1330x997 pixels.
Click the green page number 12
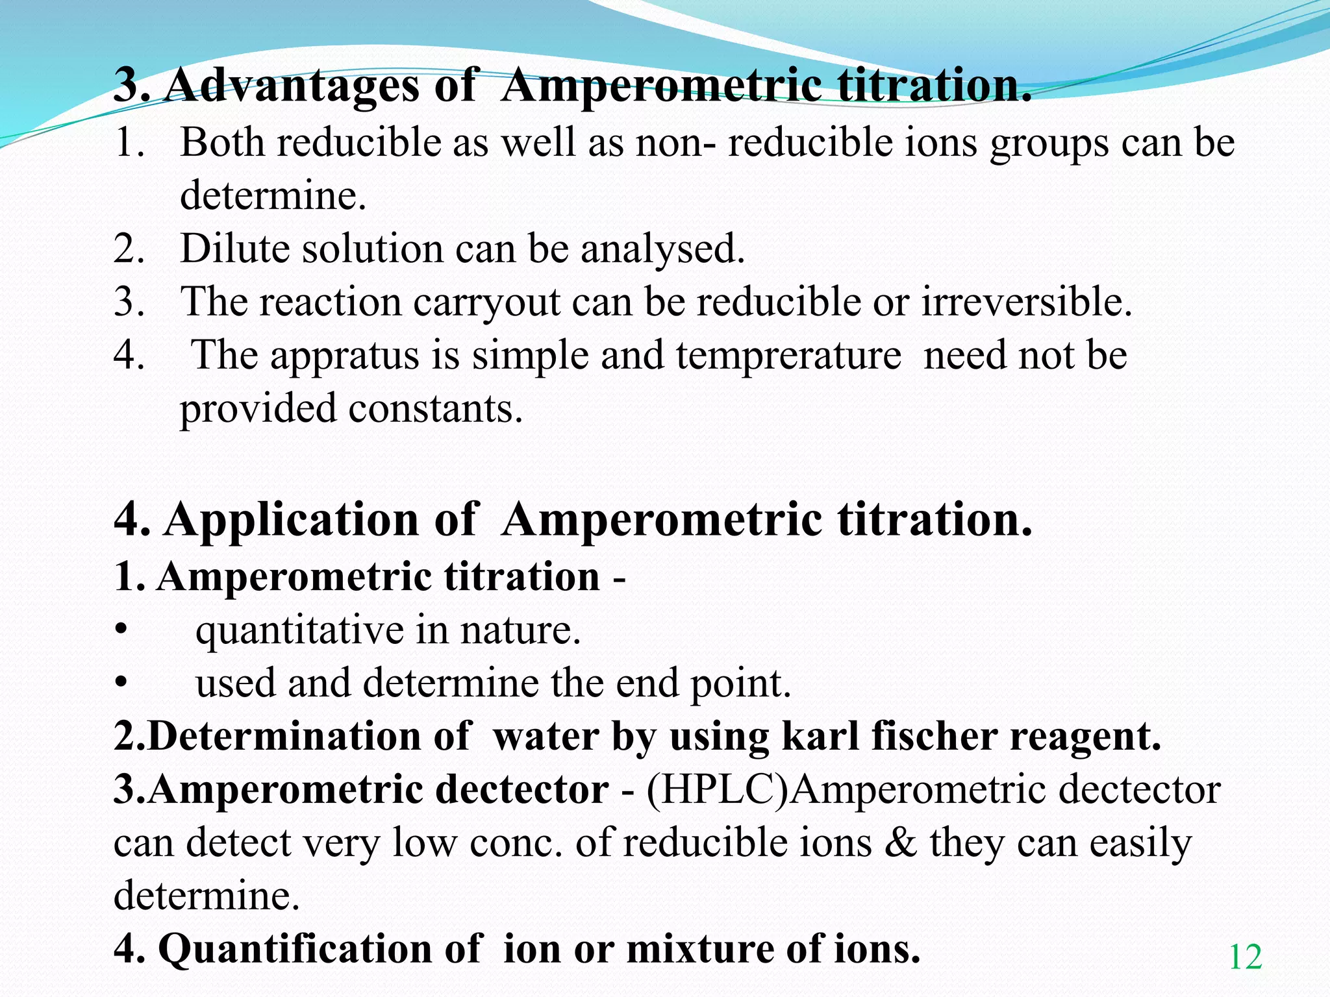(x=1245, y=957)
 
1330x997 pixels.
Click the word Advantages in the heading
(x=292, y=85)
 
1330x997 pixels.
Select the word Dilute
(x=234, y=249)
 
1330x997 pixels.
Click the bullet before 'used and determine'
(x=120, y=683)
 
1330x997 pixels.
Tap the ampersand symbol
(x=900, y=843)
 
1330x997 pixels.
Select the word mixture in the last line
(x=699, y=949)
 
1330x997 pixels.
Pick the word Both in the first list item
(x=222, y=142)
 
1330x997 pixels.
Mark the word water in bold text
(x=546, y=737)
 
